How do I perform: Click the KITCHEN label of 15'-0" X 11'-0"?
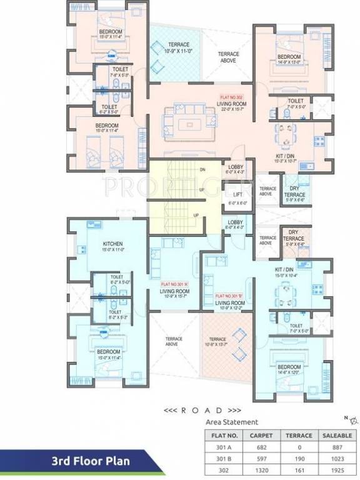tap(112, 243)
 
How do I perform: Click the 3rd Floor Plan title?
tap(91, 461)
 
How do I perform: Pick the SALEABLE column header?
tap(337, 435)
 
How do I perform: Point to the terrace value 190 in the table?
tap(298, 457)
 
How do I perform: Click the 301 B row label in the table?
tap(222, 457)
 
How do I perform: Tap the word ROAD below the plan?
tap(201, 411)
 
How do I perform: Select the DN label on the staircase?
tap(202, 169)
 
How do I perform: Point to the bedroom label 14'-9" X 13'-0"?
tap(289, 59)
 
